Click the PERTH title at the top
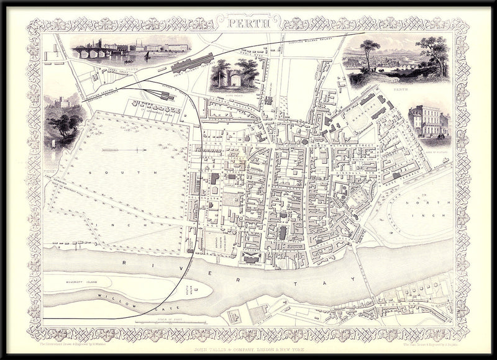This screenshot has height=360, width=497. pyautogui.click(x=249, y=25)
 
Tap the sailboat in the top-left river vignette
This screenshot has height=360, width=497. pyautogui.click(x=147, y=56)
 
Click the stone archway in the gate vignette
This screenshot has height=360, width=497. pyautogui.click(x=234, y=79)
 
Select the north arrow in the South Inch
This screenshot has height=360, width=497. pyautogui.click(x=124, y=150)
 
